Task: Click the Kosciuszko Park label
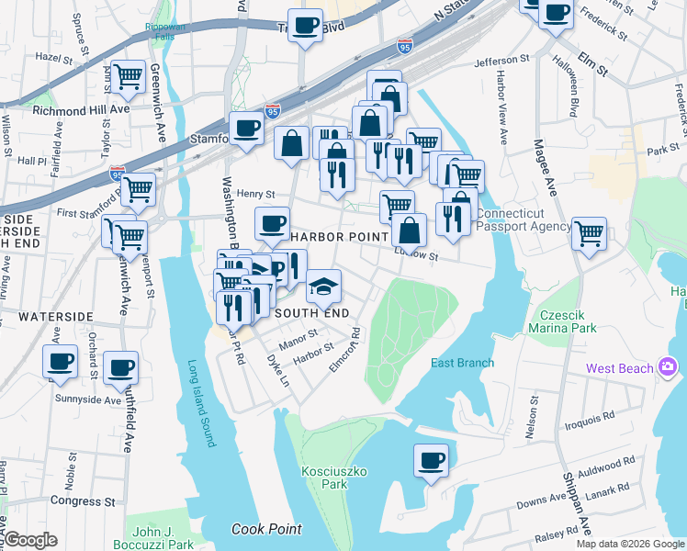coord(324,477)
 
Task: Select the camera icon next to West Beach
coord(667,368)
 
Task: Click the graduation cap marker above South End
coord(322,287)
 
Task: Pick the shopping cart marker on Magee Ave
coord(589,233)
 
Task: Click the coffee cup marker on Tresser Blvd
coord(305,26)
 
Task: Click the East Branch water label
coord(463,363)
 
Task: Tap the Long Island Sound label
coord(201,402)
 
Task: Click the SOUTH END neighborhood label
coord(311,313)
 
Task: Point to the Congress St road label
coord(83,501)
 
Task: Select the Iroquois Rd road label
coord(589,419)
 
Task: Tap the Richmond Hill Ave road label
coord(69,109)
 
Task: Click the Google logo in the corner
coord(30,539)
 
